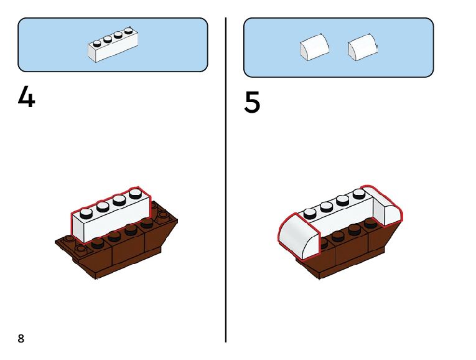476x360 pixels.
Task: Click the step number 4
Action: (26, 97)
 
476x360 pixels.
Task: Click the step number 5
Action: (252, 103)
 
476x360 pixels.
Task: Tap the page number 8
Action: (21, 338)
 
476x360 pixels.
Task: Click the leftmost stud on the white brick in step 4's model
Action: (86, 212)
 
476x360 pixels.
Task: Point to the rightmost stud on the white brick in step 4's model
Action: (135, 192)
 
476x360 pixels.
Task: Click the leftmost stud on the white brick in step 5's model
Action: (310, 214)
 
